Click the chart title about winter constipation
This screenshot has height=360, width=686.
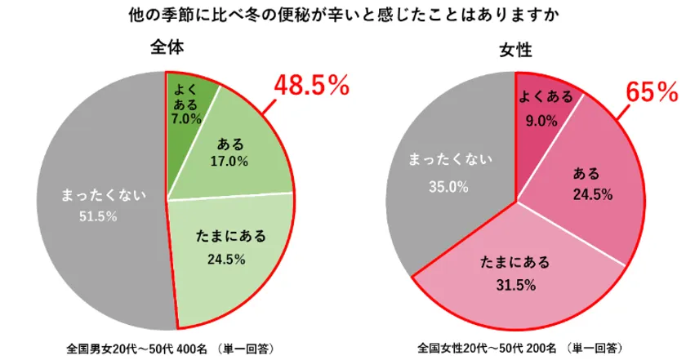tap(343, 15)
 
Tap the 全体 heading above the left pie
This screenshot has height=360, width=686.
tap(167, 47)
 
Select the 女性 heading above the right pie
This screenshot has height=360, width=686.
tap(515, 51)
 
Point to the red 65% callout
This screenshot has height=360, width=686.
tap(652, 91)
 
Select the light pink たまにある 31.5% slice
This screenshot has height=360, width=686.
tap(514, 273)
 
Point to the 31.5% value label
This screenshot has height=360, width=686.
tap(514, 284)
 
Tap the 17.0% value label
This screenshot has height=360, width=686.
tap(230, 161)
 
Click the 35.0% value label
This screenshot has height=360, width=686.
tap(448, 186)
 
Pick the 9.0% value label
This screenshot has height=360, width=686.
tap(541, 120)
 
